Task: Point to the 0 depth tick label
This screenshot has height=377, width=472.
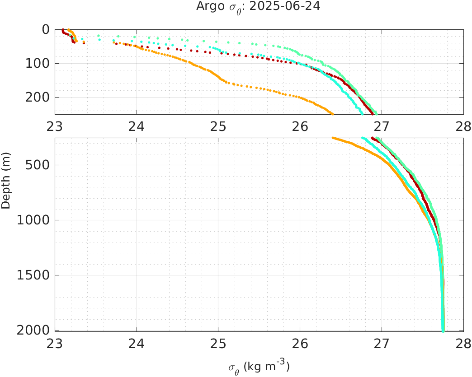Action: (45, 30)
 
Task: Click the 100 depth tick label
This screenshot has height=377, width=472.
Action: (37, 64)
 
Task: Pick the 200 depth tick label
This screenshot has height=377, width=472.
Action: (37, 98)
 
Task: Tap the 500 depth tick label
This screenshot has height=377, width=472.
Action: (37, 165)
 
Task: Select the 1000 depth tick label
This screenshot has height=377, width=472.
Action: (33, 220)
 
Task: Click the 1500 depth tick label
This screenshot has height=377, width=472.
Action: (33, 275)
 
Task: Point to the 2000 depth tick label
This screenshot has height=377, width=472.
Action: (33, 330)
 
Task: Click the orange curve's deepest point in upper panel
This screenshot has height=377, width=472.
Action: (333, 113)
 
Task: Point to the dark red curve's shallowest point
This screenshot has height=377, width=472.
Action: (62, 30)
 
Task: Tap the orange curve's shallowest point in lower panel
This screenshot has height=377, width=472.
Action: (333, 138)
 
